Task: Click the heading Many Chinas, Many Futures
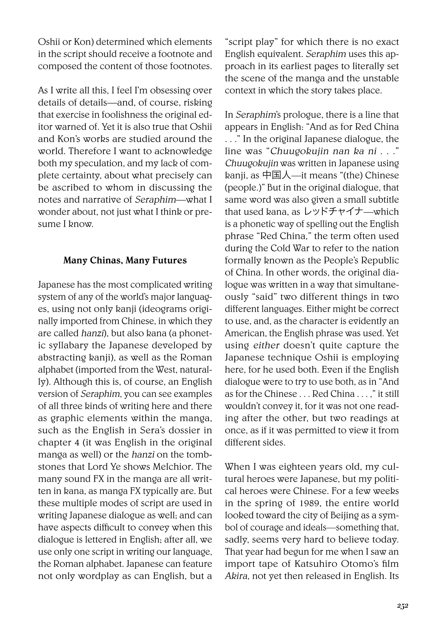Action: pyautogui.click(x=125, y=261)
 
